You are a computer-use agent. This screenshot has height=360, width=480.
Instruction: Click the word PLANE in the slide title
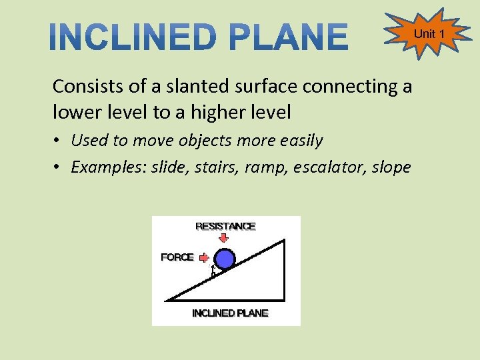point(289,37)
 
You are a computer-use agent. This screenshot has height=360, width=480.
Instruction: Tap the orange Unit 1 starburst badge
point(425,34)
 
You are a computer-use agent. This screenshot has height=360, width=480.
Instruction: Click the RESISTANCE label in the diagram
point(225,226)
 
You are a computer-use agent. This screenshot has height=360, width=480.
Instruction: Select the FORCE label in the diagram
point(177,257)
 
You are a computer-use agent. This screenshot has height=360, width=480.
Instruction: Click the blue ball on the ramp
point(226,259)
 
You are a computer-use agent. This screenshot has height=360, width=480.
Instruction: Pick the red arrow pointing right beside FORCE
point(204,257)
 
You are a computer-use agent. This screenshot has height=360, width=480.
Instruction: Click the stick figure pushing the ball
point(213,271)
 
